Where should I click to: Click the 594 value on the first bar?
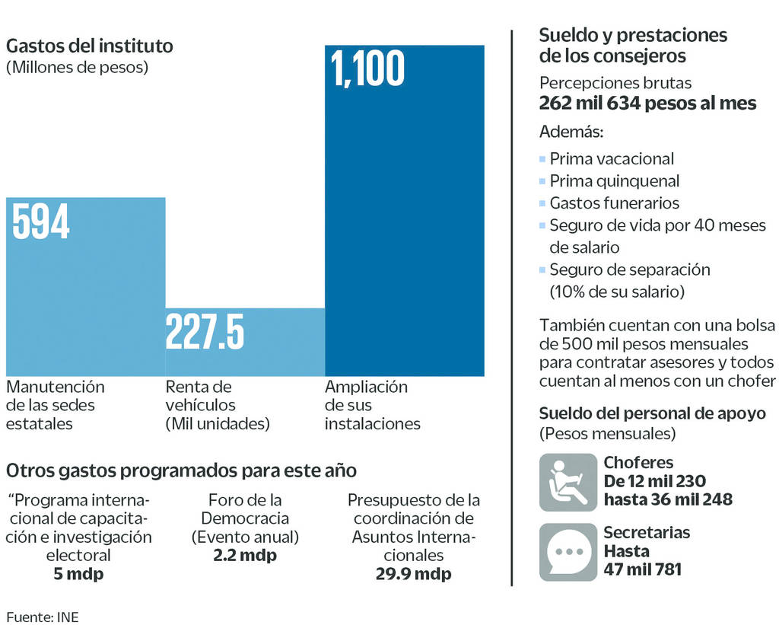point(41,222)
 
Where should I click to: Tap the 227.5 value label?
point(205,333)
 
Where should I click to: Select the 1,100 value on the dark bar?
point(367,69)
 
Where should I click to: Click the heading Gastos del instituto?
point(90,46)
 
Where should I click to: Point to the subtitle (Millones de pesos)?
point(77,67)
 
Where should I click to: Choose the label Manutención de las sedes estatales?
point(55,405)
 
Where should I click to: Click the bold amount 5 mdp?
point(78,574)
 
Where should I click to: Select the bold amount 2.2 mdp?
point(245,556)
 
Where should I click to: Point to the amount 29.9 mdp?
point(413,574)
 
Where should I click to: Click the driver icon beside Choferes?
point(568,483)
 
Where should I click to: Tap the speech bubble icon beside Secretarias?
point(568,552)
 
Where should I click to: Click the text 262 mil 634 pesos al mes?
point(647,104)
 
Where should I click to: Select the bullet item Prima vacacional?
point(611,159)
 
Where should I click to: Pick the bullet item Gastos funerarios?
point(614,203)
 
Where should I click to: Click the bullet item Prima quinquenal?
point(614,181)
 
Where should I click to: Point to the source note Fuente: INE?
point(43,616)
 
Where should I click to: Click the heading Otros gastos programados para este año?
point(181,470)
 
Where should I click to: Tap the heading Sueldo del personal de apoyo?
point(652,413)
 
